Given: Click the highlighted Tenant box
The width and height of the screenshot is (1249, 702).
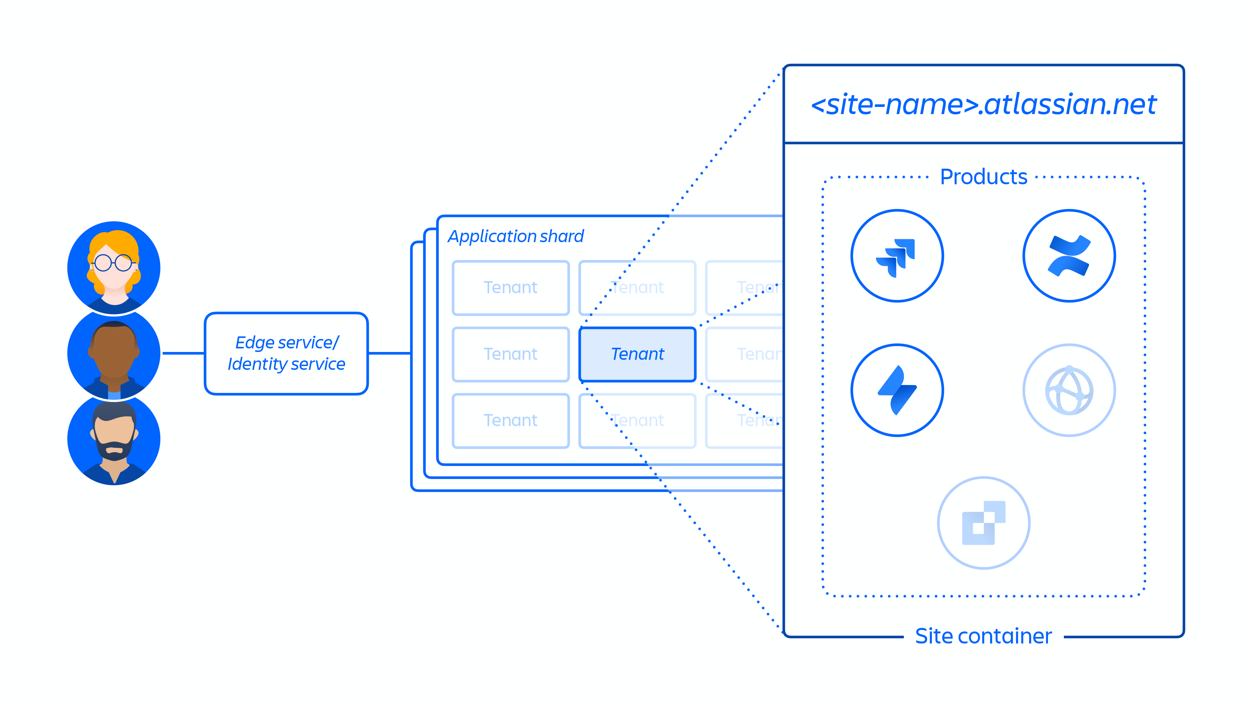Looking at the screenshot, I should pos(637,354).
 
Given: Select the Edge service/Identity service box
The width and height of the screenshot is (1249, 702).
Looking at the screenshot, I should pos(286,353).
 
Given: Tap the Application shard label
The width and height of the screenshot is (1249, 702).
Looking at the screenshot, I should pos(516,236).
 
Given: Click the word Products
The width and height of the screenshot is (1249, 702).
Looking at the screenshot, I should pos(983,177).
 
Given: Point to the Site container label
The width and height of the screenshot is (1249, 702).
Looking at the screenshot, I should pos(983,636).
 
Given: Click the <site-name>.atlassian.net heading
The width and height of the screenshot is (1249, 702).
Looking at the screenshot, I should pos(983,105).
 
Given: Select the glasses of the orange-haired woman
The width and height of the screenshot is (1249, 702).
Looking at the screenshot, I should pos(114,263).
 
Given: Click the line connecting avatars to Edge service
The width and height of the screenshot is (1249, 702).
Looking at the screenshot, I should pos(183,353).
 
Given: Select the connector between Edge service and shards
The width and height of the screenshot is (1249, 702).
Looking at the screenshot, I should pos(389,353).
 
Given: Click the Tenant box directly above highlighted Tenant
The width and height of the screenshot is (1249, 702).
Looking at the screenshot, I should pos(637,288).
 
